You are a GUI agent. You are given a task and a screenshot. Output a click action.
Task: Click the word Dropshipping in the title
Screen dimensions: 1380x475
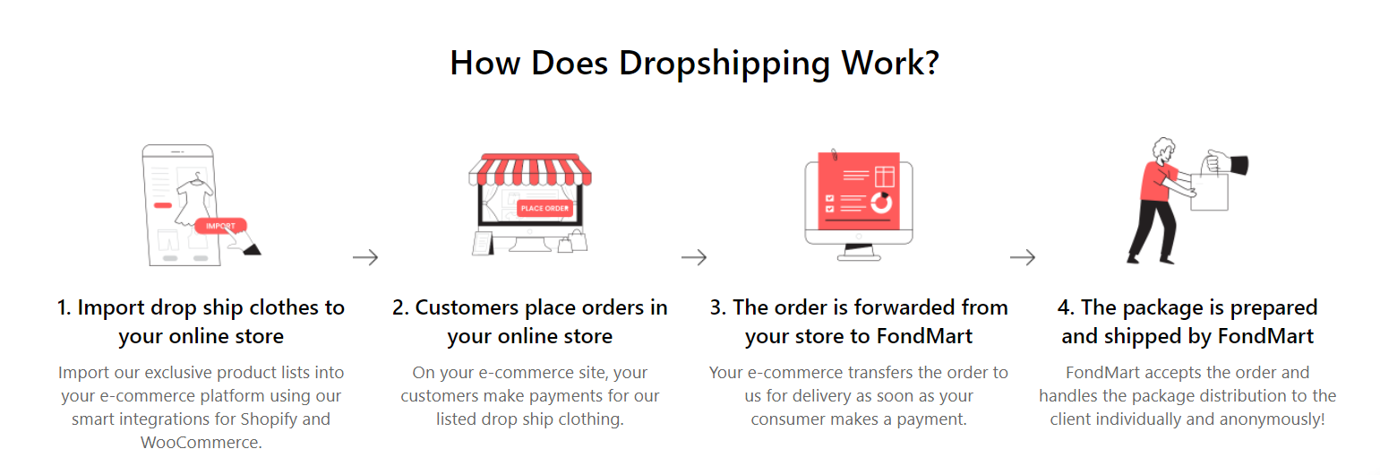(724, 65)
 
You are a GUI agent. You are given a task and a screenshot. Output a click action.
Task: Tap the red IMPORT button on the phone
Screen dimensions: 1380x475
(220, 226)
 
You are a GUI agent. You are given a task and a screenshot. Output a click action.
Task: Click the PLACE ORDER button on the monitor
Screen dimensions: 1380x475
(544, 209)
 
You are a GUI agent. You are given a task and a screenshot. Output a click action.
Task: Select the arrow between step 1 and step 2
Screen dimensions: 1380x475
(365, 257)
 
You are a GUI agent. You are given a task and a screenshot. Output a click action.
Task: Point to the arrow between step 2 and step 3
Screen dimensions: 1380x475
(694, 257)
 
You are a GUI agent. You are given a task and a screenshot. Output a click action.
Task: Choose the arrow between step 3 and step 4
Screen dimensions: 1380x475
(1023, 257)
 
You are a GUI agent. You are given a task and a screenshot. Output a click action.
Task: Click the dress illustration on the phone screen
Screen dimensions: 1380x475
(195, 199)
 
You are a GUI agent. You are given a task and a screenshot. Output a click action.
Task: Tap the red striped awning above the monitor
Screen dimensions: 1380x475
(530, 169)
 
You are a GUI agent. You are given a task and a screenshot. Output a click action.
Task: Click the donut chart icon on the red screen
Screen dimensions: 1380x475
(881, 203)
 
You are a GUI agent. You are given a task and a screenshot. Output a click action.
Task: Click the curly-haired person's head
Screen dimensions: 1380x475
(1164, 151)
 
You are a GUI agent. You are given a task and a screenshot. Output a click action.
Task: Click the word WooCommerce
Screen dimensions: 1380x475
(201, 443)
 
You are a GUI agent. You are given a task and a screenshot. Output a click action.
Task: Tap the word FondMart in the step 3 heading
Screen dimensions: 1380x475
(924, 336)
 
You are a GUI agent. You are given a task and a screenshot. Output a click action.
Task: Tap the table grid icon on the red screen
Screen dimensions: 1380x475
(885, 177)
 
